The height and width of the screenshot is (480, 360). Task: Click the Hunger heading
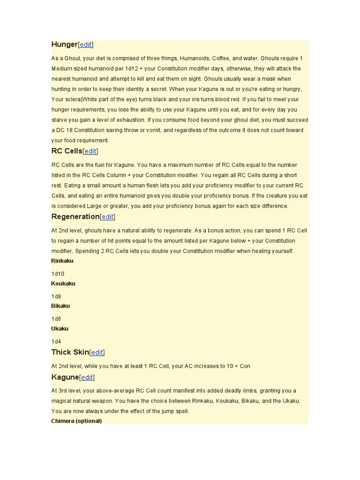click(64, 45)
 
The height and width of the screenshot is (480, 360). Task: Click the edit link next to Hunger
click(86, 45)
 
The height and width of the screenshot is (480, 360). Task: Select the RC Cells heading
click(67, 151)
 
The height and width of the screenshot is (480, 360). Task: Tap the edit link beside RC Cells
click(90, 151)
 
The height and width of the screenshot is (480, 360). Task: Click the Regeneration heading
click(75, 217)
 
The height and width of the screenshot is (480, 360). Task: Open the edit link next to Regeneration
click(107, 217)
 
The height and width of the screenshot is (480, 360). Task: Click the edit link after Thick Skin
click(97, 352)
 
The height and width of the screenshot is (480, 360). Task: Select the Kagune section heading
click(65, 377)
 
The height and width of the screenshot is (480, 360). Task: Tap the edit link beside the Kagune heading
click(87, 377)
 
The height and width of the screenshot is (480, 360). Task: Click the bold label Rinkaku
click(62, 261)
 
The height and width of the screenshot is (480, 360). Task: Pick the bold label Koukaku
click(63, 284)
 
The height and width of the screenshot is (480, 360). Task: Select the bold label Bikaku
click(60, 306)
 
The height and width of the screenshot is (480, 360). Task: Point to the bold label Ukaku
click(60, 329)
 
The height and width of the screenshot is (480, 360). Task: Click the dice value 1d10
click(58, 274)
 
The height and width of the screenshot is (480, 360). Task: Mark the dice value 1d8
click(56, 297)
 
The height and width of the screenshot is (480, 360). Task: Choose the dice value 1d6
click(56, 319)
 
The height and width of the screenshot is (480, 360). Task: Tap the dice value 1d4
click(56, 342)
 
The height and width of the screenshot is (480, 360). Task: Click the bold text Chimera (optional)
click(76, 421)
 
